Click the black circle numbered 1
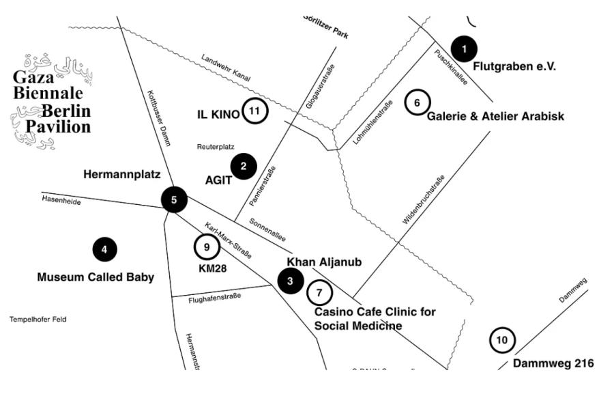pos(464,48)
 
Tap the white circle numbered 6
pos(418,102)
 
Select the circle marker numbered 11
pos(254,111)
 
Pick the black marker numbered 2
pos(244,165)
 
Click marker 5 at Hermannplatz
pos(174,200)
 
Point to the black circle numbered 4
pos(104,250)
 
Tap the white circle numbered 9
pos(206,247)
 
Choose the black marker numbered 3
pos(291,280)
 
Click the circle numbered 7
pos(319,292)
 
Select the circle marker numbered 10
pos(502,339)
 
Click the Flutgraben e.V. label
pos(515,66)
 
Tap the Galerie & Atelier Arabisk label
pos(495,117)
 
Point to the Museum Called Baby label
pos(96,277)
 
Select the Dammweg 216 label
pos(553,363)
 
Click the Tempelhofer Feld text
pos(38,320)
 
